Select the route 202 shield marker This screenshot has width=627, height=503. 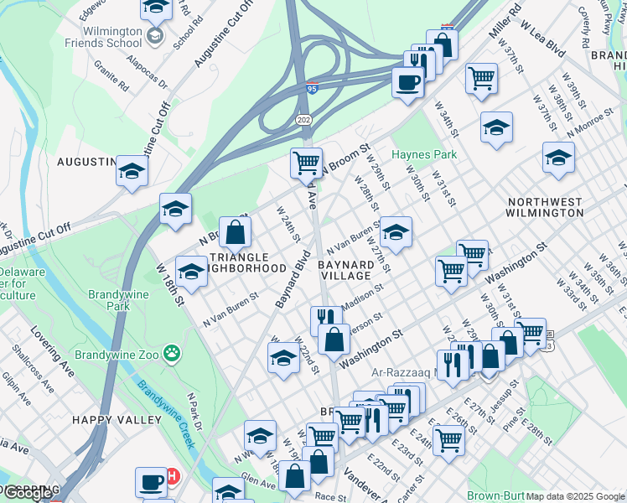point(303,120)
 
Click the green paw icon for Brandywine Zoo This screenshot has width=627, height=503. point(173,353)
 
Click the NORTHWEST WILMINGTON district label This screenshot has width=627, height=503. point(545,207)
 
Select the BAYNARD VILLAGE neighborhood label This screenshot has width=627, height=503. point(345,270)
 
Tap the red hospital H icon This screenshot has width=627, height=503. point(173,476)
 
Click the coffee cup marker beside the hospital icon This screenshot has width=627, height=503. point(152,481)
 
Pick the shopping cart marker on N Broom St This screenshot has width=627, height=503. point(306,161)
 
